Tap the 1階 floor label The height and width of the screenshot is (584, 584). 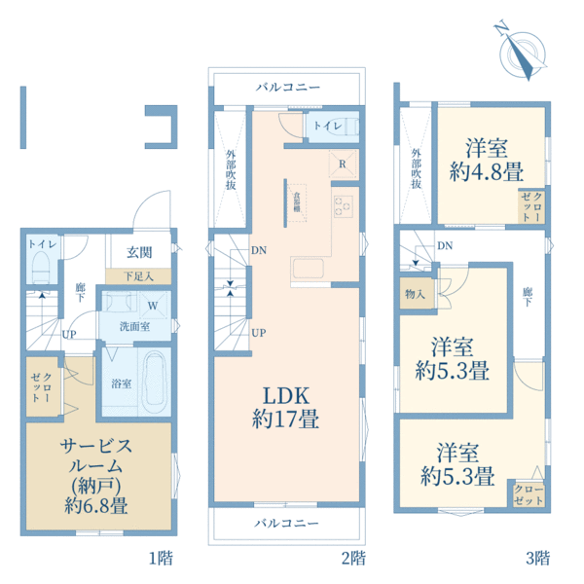[x=161, y=558]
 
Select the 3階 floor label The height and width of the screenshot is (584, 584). [x=537, y=558]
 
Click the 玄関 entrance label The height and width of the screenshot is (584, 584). [x=138, y=252]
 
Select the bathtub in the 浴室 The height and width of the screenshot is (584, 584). [x=154, y=384]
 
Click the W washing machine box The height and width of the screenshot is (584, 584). [x=155, y=305]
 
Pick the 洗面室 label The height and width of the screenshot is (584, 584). [x=134, y=326]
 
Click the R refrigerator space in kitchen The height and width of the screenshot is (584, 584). [x=342, y=163]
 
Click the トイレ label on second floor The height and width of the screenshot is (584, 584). [x=325, y=127]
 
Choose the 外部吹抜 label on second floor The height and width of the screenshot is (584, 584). [x=230, y=169]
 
